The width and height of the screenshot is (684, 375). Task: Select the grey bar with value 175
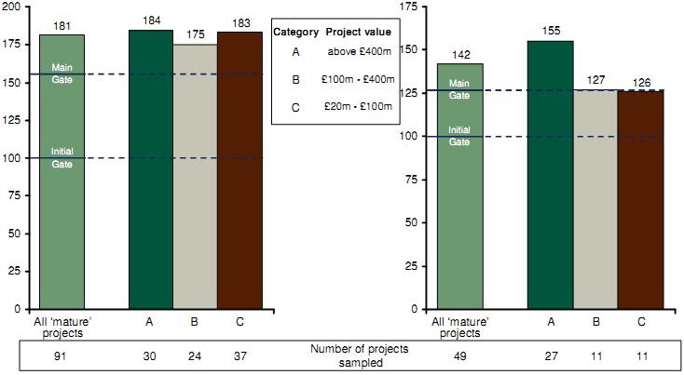[x=195, y=177]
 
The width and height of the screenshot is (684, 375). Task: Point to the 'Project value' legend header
[x=358, y=33]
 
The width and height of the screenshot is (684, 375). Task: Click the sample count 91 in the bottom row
[x=62, y=355]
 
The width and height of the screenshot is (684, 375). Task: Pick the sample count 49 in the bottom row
[x=459, y=355]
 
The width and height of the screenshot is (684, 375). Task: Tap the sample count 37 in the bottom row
[x=239, y=355]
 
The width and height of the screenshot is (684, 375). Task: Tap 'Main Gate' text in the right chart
[x=459, y=89]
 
